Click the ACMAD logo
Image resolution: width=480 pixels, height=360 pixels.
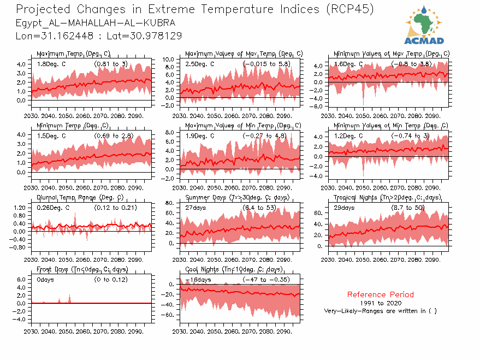424,25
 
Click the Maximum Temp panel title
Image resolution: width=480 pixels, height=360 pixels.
73,54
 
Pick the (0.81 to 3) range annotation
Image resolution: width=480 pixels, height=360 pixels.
111,64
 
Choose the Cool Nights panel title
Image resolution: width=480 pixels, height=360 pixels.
234,269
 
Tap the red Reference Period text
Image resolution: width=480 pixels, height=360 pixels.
380,294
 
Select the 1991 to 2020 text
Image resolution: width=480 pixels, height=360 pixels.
380,303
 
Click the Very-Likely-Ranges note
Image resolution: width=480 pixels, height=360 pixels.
380,311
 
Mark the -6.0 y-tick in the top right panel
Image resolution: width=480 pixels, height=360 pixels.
317,106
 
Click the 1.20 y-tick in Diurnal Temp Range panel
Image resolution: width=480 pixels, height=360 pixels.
19,208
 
